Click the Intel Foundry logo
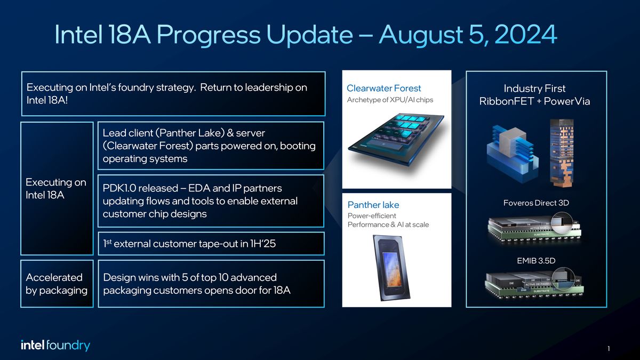coord(55,346)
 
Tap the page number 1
coord(609,349)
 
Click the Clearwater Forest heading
coord(383,89)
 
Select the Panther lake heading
coord(373,205)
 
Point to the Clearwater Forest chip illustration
coord(396,139)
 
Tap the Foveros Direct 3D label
coord(536,203)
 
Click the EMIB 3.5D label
coord(536,260)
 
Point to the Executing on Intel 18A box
coord(57,189)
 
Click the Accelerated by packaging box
coord(57,284)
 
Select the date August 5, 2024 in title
coord(468,35)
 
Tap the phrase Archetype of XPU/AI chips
coord(390,100)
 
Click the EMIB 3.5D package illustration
coord(536,284)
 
